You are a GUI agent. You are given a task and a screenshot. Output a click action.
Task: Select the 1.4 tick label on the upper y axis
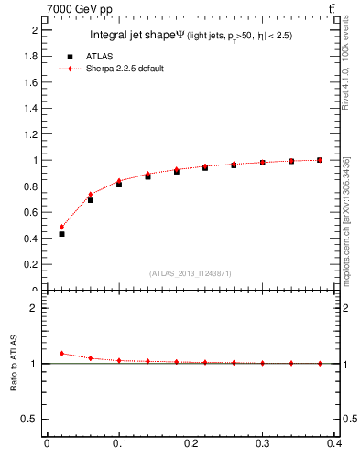pyautogui.click(x=33, y=108)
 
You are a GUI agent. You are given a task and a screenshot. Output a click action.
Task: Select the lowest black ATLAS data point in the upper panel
pyautogui.click(x=61, y=234)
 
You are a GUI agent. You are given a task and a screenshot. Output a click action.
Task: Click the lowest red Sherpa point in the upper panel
pyautogui.click(x=61, y=227)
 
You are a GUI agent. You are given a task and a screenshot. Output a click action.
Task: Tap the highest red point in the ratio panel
pyautogui.click(x=61, y=354)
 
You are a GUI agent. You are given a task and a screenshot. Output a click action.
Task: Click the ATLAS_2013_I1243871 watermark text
pyautogui.click(x=191, y=273)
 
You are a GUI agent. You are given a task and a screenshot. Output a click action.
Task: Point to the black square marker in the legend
pyautogui.click(x=70, y=57)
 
